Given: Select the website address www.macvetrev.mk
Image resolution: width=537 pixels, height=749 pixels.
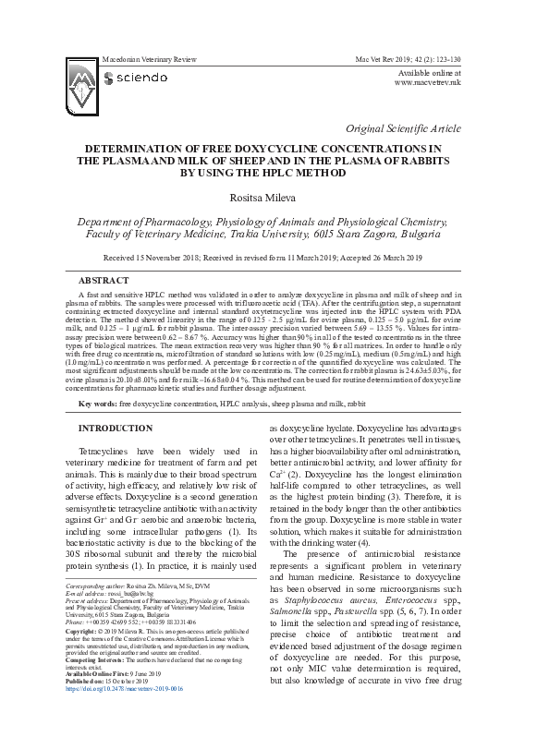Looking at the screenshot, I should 428,82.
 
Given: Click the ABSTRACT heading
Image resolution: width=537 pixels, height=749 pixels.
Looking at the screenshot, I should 104,278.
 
